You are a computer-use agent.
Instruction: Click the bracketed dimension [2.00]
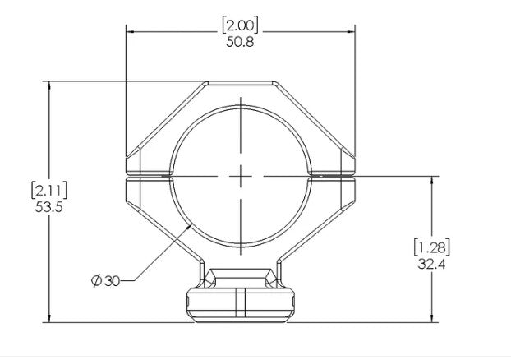pyautogui.click(x=240, y=25)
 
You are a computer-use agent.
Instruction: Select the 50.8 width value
pyautogui.click(x=240, y=42)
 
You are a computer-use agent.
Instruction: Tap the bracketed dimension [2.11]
pyautogui.click(x=48, y=191)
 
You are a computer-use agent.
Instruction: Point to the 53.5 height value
pyautogui.click(x=48, y=207)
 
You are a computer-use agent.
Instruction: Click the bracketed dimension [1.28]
pyautogui.click(x=432, y=247)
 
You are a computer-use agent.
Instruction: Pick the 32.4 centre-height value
pyautogui.click(x=432, y=263)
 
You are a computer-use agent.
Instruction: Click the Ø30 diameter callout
pyautogui.click(x=106, y=281)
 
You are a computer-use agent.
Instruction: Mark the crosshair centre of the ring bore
pyautogui.click(x=241, y=176)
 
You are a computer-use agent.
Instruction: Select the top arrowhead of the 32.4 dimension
pyautogui.click(x=432, y=178)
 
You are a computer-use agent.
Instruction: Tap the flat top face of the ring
pyautogui.click(x=241, y=83)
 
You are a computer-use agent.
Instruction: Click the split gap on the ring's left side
pyautogui.click(x=148, y=176)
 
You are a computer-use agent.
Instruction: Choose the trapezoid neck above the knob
pyautogui.click(x=241, y=276)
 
